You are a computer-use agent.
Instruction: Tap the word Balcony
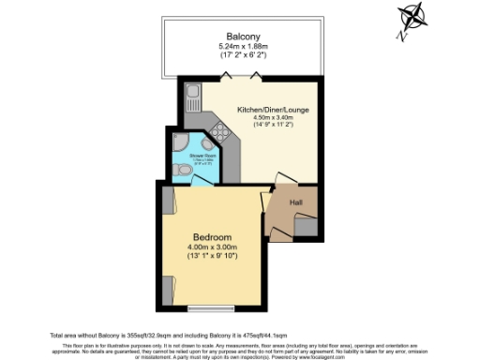click(242, 37)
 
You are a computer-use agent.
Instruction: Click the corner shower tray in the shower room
click(181, 143)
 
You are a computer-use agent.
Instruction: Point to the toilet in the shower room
click(179, 172)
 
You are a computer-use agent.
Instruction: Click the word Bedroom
click(213, 236)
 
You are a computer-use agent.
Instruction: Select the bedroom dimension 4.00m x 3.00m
click(213, 247)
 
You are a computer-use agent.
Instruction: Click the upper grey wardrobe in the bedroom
click(168, 201)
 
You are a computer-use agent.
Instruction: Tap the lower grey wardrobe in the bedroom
click(168, 290)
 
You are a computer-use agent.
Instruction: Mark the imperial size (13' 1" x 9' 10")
click(213, 257)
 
